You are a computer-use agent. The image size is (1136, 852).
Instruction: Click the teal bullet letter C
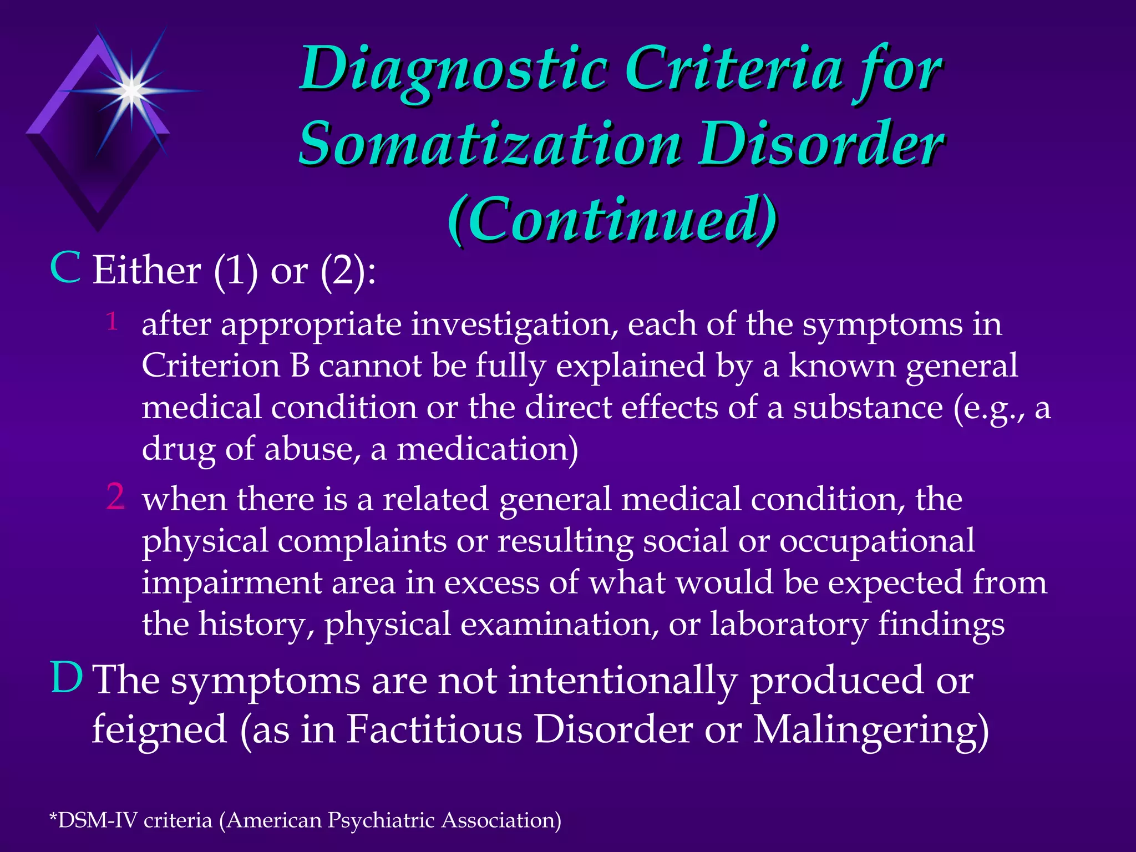pyautogui.click(x=65, y=268)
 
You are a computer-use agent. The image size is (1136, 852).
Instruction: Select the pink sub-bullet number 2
pyautogui.click(x=115, y=496)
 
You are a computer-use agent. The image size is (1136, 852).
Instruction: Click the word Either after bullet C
pyautogui.click(x=146, y=271)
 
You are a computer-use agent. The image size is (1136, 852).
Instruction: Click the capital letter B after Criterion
pyautogui.click(x=300, y=366)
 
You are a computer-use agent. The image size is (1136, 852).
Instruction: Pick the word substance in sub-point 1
pyautogui.click(x=868, y=408)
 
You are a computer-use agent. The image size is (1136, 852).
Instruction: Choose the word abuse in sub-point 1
pyautogui.click(x=308, y=449)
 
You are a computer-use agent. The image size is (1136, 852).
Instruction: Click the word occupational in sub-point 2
pyautogui.click(x=877, y=541)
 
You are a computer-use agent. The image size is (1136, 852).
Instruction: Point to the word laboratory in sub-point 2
pyautogui.click(x=789, y=625)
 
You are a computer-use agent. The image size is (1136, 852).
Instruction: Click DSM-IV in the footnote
pyautogui.click(x=97, y=820)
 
